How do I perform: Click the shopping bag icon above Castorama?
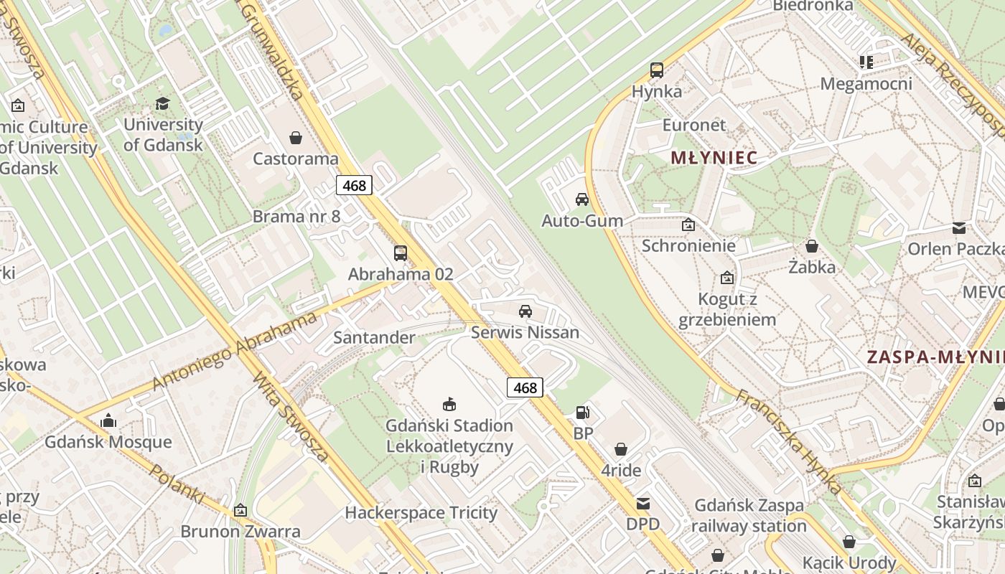[295, 137]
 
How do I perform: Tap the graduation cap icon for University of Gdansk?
[163, 103]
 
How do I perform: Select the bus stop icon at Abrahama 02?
[401, 253]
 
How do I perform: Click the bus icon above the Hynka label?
[657, 70]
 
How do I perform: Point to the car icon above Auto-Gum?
[581, 199]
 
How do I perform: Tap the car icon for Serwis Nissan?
[525, 311]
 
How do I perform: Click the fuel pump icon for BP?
[583, 413]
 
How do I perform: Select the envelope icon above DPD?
[642, 503]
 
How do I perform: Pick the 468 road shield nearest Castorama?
[354, 185]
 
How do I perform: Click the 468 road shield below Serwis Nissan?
[525, 387]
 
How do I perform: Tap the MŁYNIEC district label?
[714, 158]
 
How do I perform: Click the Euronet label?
[693, 125]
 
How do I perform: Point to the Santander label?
[374, 337]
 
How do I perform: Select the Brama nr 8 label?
[296, 216]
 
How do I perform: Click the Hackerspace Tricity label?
[421, 512]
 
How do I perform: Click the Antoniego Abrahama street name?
[234, 352]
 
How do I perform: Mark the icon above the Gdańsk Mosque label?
[108, 420]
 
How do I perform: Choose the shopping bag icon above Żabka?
[812, 246]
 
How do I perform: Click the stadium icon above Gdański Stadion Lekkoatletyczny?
[449, 405]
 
